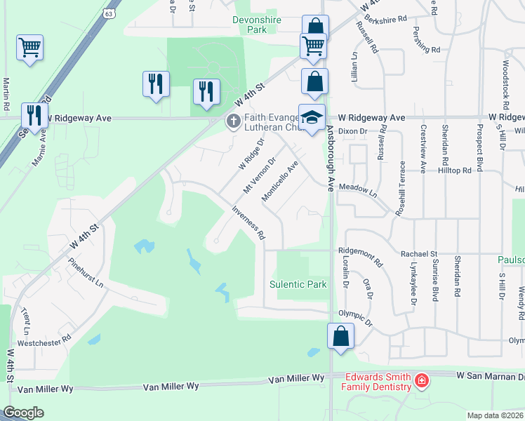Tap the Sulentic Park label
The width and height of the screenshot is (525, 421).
(298, 284)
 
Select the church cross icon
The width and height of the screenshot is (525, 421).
(233, 122)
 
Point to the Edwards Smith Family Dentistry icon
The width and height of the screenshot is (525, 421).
(422, 381)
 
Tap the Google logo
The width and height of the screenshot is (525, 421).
(23, 413)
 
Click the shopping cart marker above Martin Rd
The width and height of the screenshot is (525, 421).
(29, 48)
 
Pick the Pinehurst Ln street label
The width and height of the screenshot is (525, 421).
(86, 276)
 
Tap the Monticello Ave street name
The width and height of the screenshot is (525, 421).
(279, 182)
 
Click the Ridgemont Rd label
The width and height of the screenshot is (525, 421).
(360, 258)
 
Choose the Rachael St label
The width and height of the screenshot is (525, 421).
(419, 253)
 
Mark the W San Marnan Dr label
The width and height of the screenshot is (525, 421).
(489, 375)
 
